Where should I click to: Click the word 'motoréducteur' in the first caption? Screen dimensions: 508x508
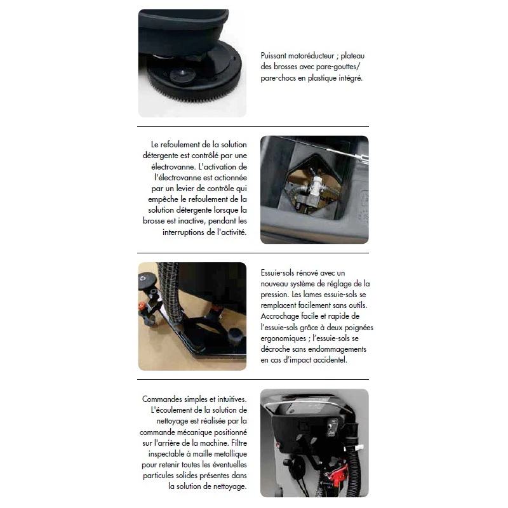[x=311, y=56]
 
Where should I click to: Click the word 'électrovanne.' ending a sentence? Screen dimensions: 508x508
[x=171, y=167]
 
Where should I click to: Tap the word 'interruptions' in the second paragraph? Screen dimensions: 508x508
[x=183, y=232]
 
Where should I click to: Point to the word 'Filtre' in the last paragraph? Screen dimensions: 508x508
[x=239, y=443]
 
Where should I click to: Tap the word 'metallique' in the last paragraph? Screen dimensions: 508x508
[x=231, y=454]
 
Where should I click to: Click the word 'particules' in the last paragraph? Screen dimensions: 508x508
[x=157, y=476]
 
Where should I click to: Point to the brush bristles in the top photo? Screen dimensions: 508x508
[x=194, y=92]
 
